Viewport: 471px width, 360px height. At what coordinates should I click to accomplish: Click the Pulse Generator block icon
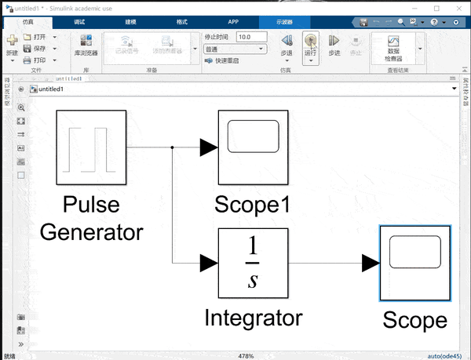pyautogui.click(x=92, y=146)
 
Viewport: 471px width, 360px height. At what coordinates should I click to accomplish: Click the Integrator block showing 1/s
pyautogui.click(x=253, y=263)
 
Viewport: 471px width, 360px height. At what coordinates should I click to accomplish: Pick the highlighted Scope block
pyautogui.click(x=414, y=263)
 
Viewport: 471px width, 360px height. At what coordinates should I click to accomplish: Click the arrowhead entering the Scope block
pyautogui.click(x=370, y=264)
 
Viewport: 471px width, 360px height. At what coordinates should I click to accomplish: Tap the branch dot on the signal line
pyautogui.click(x=172, y=147)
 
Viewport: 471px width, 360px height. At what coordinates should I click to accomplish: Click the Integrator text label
pyautogui.click(x=253, y=318)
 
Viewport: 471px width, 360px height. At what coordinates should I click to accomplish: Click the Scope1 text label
pyautogui.click(x=253, y=205)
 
